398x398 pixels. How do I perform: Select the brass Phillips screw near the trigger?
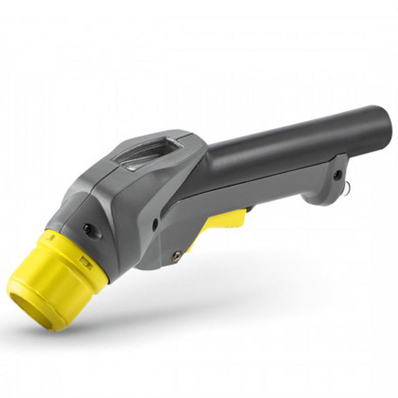pyautogui.click(x=176, y=256)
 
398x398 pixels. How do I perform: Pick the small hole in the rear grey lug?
pyautogui.click(x=338, y=174)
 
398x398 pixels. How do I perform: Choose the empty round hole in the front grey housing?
pyautogui.click(x=155, y=224)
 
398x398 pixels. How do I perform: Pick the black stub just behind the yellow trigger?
pyautogui.click(x=249, y=209)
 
